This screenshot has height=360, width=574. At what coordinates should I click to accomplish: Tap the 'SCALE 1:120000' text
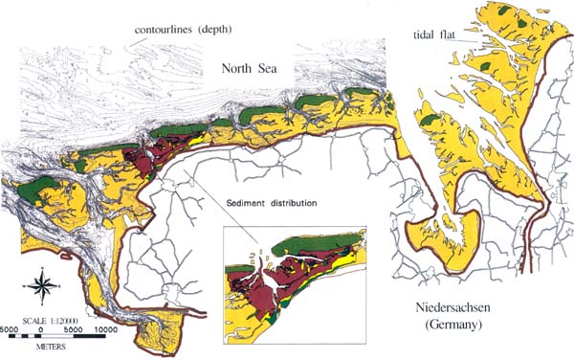(53, 313)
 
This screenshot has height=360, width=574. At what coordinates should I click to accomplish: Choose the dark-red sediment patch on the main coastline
(153, 158)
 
